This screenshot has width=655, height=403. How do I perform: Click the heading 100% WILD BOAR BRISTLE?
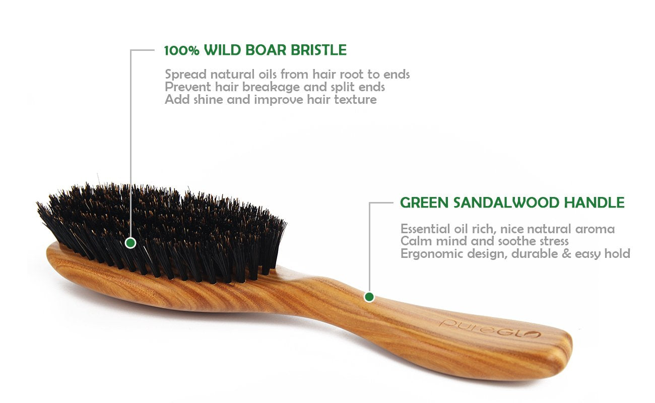255,50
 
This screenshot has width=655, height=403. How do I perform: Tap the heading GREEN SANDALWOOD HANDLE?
512,203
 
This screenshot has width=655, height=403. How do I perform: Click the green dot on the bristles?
130,243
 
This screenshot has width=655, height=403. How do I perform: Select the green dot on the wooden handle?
369,297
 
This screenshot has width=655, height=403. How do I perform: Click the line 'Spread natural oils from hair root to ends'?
287,75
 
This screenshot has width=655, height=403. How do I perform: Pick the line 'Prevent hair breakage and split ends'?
275,87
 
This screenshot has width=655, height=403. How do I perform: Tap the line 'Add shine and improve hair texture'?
271,99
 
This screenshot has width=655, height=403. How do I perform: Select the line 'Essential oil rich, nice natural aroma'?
507,229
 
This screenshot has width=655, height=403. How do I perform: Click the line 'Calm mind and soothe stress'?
484,241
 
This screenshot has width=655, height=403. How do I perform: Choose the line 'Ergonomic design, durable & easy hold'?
515,254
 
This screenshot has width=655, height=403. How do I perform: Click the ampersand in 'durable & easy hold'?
565,254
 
